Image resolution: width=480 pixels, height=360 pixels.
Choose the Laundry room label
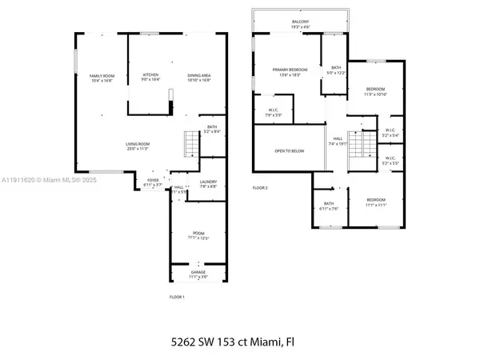197,182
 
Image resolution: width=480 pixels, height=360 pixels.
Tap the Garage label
198,273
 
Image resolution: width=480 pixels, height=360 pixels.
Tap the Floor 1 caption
177,297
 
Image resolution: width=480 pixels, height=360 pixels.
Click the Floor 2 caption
260,187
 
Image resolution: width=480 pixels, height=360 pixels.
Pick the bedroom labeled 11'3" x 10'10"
375,91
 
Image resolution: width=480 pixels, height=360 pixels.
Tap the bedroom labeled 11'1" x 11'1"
375,202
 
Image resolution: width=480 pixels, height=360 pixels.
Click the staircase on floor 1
190,144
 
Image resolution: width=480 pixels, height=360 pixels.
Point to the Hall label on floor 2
338,139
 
